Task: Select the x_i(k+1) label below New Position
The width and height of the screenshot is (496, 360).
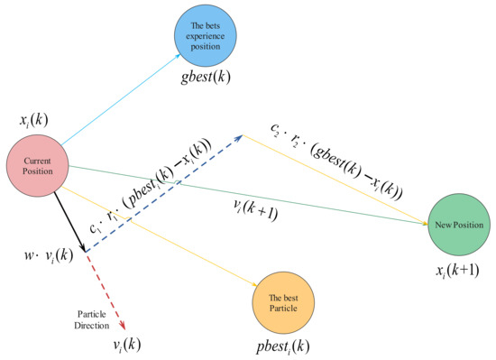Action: [x=456, y=269]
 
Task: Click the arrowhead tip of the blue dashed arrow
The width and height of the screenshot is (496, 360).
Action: [x=242, y=135]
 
